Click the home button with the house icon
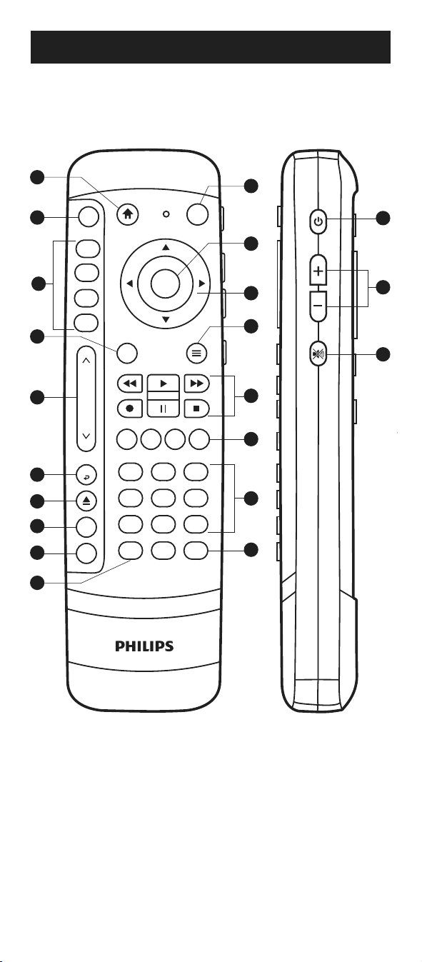tap(128, 214)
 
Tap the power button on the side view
tap(318, 221)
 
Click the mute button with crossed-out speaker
tap(318, 354)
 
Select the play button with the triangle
tap(163, 383)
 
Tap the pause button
tap(163, 409)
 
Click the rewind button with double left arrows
tap(130, 383)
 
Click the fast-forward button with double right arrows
tap(196, 383)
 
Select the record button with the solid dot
tap(130, 409)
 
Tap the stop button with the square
tap(196, 409)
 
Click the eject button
tap(86, 501)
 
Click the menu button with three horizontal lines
tap(196, 353)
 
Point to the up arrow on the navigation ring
tap(166, 247)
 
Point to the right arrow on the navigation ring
tap(201, 284)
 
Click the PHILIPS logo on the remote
tap(144, 646)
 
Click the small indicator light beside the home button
tap(166, 214)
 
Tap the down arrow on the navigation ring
tap(166, 319)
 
